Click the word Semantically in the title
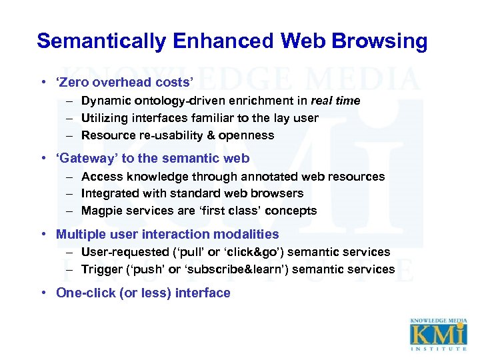tap(100, 41)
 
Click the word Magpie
tap(101, 211)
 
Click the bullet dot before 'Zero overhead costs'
tap(41, 83)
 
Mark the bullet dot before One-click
tap(41, 293)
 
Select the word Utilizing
tap(103, 118)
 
